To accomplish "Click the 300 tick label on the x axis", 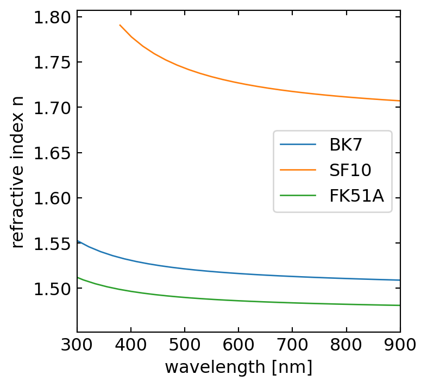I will [x=77, y=346].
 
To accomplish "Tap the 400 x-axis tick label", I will [x=131, y=346].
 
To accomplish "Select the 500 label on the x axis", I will [x=185, y=346].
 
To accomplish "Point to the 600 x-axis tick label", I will [x=238, y=346].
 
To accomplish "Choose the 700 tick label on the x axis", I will [x=292, y=346].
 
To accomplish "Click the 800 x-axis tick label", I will [x=346, y=346].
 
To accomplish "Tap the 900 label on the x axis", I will [x=400, y=346].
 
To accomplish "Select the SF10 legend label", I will [x=350, y=171].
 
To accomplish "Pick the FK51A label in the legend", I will [x=356, y=196].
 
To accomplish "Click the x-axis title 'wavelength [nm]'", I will [x=238, y=367].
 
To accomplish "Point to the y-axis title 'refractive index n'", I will [x=17, y=170].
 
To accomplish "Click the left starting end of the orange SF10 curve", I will [x=120, y=25].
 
